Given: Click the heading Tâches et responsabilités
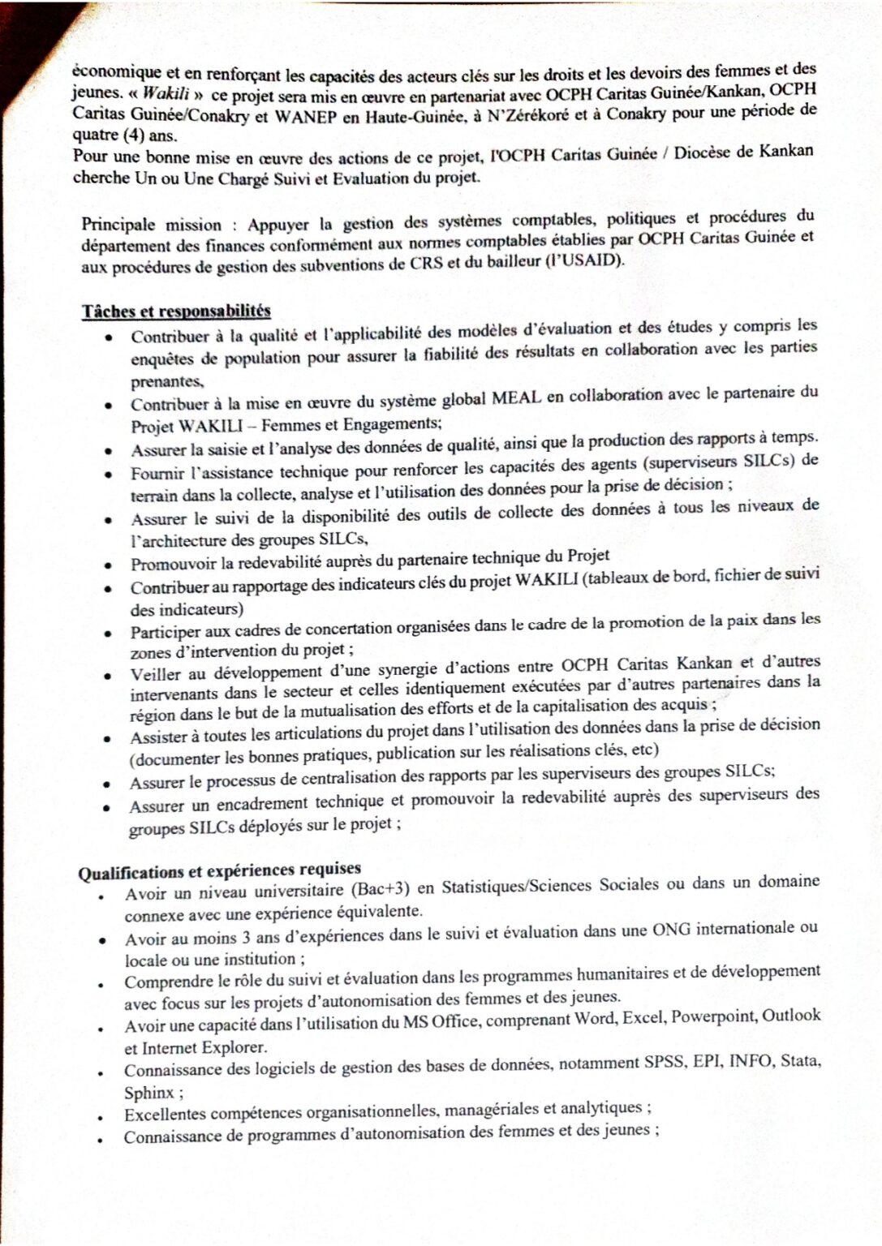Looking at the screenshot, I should click(x=176, y=311).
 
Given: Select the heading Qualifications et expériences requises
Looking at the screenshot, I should click(x=219, y=871).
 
